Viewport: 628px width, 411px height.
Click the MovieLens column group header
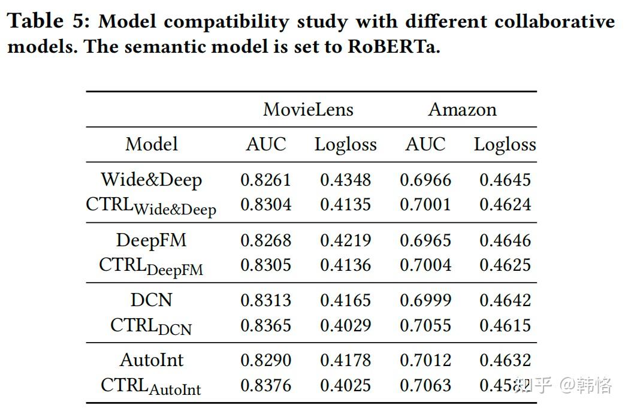point(308,110)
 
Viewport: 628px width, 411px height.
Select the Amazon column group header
point(462,110)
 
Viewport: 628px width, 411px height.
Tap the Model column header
point(152,144)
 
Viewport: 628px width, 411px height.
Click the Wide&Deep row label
point(152,180)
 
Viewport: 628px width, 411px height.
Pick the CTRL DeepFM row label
point(151,266)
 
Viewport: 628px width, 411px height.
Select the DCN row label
point(152,300)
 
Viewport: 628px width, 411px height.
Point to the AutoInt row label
point(152,360)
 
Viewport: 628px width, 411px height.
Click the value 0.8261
point(265,180)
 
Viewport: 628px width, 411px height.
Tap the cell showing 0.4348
point(345,180)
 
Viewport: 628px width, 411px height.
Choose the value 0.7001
point(425,205)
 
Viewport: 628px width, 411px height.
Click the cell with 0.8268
point(265,240)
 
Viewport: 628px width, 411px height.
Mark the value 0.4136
point(345,265)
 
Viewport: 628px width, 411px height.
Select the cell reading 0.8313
point(265,300)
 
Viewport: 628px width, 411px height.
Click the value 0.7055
point(425,325)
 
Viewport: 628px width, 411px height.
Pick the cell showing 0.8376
point(265,385)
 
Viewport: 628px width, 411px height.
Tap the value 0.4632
point(505,360)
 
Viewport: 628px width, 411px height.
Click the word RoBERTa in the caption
point(394,47)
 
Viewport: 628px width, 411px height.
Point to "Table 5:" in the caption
point(47,22)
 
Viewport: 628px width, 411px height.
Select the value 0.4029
point(345,325)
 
